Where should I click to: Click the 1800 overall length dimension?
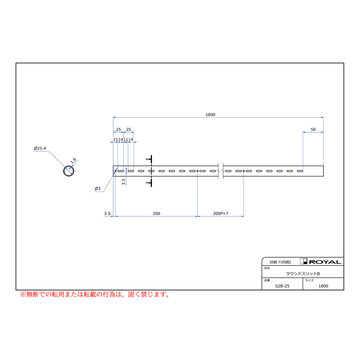click(210, 114)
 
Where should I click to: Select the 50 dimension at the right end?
click(313, 130)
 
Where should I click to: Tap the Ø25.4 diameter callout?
click(40, 148)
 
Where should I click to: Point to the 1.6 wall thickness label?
click(73, 160)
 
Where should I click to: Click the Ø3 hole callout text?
click(98, 188)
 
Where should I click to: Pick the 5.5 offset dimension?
click(108, 214)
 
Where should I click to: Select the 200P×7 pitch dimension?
click(221, 214)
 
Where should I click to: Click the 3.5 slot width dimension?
click(124, 182)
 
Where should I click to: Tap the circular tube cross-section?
click(69, 171)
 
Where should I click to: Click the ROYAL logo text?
click(325, 262)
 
